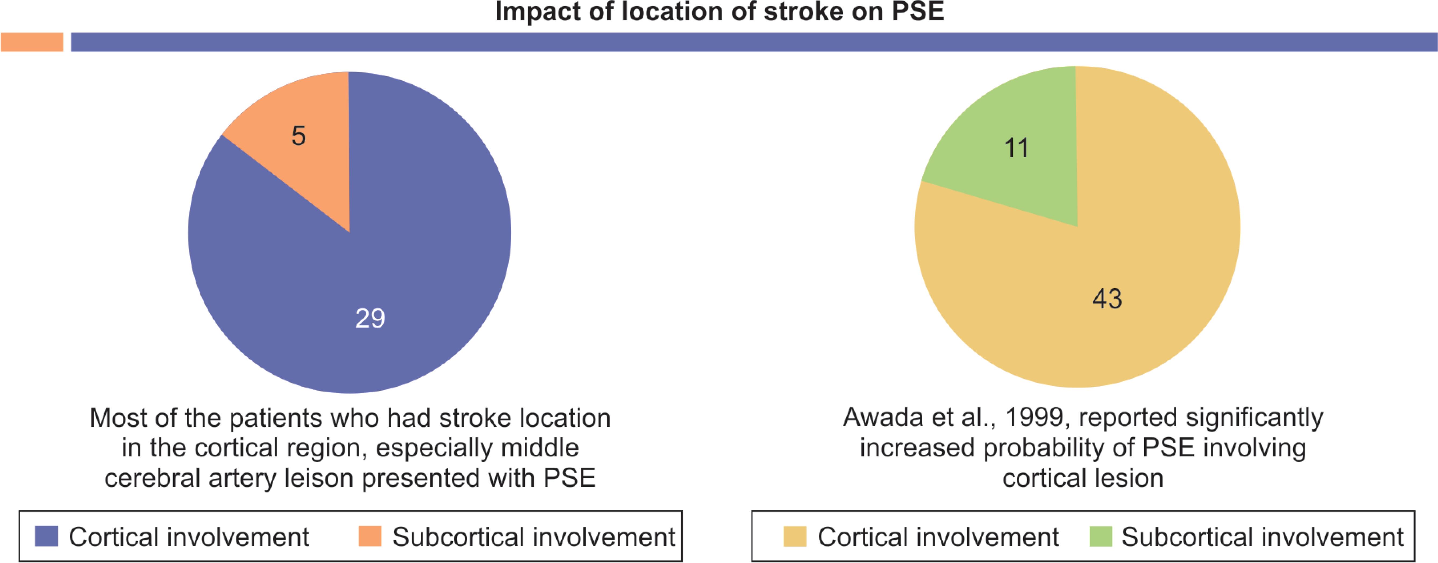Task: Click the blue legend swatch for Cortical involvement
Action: point(46,536)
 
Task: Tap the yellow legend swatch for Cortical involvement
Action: point(795,536)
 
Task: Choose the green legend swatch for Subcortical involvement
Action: point(1101,536)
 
